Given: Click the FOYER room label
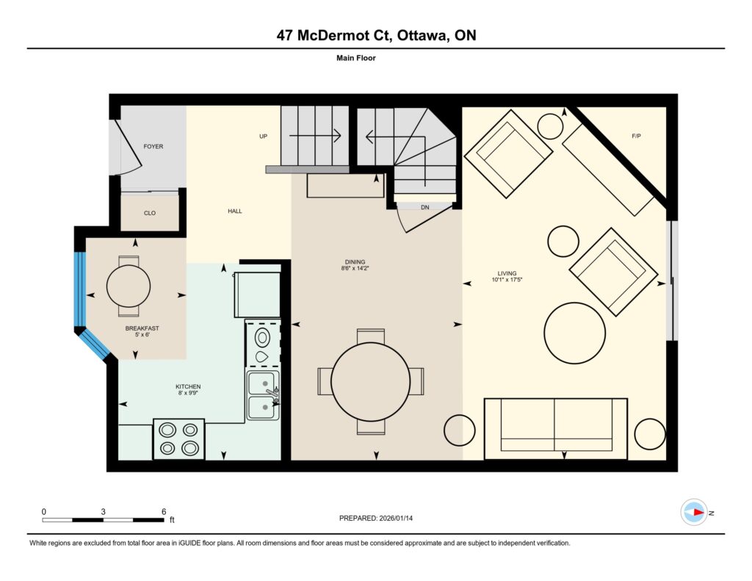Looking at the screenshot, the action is point(153,146).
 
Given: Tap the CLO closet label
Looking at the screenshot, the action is point(150,213).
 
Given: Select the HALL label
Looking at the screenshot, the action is point(235,211).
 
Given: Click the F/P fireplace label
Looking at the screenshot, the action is point(637,137).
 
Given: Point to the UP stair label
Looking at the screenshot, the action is point(264,137).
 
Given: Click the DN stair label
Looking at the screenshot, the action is point(425,207).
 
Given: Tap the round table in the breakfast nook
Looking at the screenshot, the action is point(129,286).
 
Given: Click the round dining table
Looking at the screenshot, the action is point(371,382).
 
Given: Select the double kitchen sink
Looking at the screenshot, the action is point(263,395).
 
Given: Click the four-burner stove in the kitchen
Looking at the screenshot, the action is point(179,439).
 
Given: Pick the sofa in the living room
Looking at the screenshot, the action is point(556,428).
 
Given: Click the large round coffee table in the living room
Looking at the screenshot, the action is point(574,333).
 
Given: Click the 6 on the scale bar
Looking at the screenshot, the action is point(164,511).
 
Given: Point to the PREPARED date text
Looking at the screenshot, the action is point(376,518).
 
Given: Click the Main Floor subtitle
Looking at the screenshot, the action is point(356,58).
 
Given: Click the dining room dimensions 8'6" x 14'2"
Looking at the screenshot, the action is point(355,269).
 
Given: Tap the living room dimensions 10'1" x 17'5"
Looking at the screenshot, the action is point(507,280).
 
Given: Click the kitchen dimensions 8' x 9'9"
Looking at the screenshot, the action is point(188,393).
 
